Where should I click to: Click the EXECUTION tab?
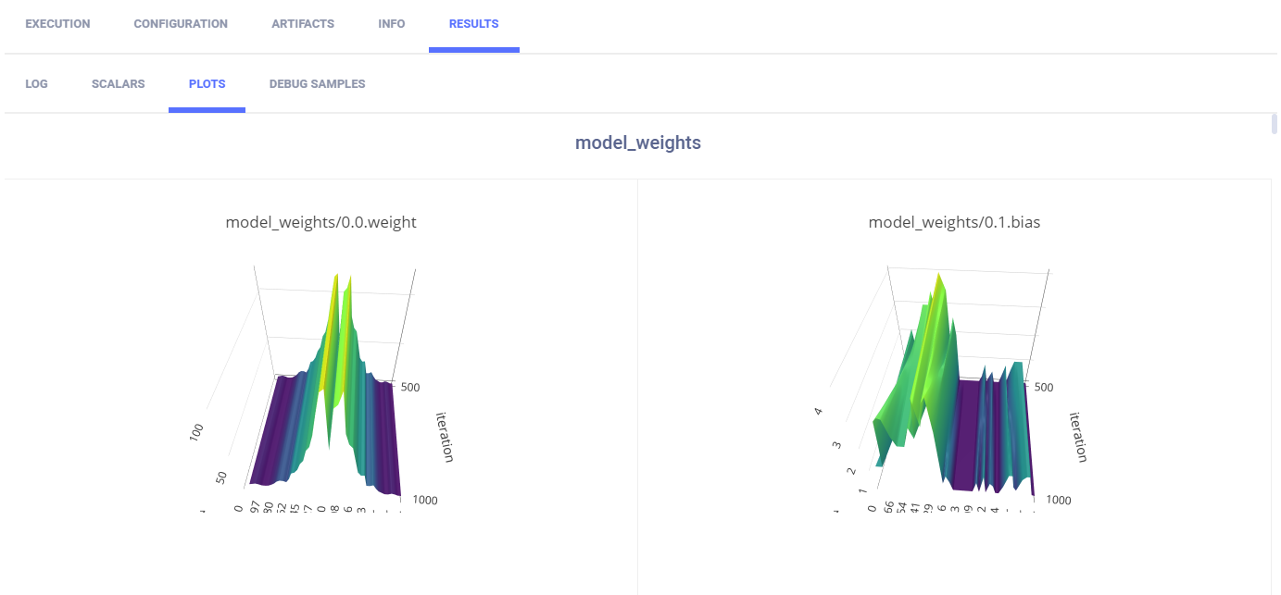tap(57, 24)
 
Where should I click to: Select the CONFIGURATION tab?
tap(181, 24)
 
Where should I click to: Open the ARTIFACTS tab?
tap(303, 24)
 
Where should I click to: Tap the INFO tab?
tap(392, 24)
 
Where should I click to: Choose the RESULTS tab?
tap(473, 24)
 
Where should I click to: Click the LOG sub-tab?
tap(37, 84)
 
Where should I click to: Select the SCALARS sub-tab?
tap(119, 84)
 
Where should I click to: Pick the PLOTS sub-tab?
tap(207, 84)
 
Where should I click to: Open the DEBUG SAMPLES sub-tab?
tap(317, 84)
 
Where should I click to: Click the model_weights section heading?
tap(638, 143)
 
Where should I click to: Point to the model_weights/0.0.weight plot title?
tap(321, 222)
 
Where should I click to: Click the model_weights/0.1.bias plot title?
tap(954, 222)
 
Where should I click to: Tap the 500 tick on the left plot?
tap(410, 387)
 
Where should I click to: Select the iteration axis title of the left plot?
tap(444, 438)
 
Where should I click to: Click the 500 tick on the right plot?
tap(1043, 387)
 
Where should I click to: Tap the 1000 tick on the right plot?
tap(1059, 500)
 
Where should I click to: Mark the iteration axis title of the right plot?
tap(1078, 438)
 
